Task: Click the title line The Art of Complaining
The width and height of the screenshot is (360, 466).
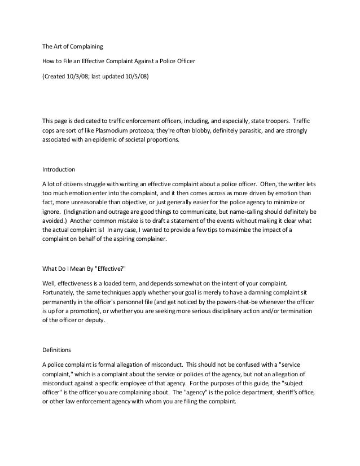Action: click(x=73, y=46)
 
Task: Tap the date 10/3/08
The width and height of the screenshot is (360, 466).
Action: click(x=79, y=76)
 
